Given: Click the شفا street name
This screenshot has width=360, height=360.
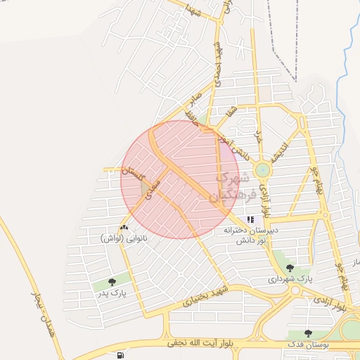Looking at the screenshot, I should [x=233, y=113].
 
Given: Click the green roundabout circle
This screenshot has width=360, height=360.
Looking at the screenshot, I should [x=262, y=169].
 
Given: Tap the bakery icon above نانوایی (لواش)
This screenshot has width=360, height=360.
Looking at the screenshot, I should [x=124, y=228].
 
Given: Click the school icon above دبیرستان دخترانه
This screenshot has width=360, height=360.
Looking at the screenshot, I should [x=250, y=219].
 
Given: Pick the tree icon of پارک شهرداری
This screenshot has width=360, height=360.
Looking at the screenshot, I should [x=290, y=268].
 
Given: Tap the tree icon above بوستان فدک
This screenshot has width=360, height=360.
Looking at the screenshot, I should [x=307, y=333].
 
